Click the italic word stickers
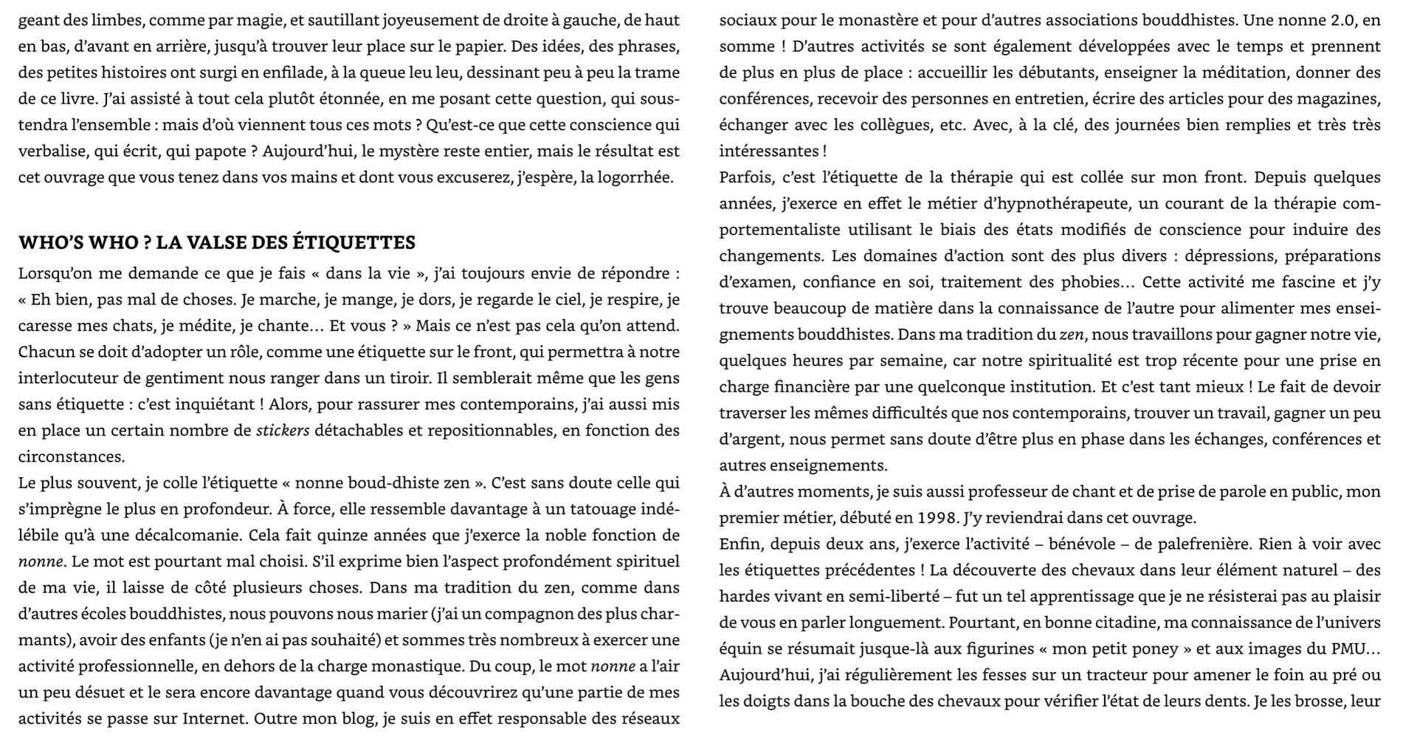point(283,431)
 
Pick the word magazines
point(1340,99)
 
